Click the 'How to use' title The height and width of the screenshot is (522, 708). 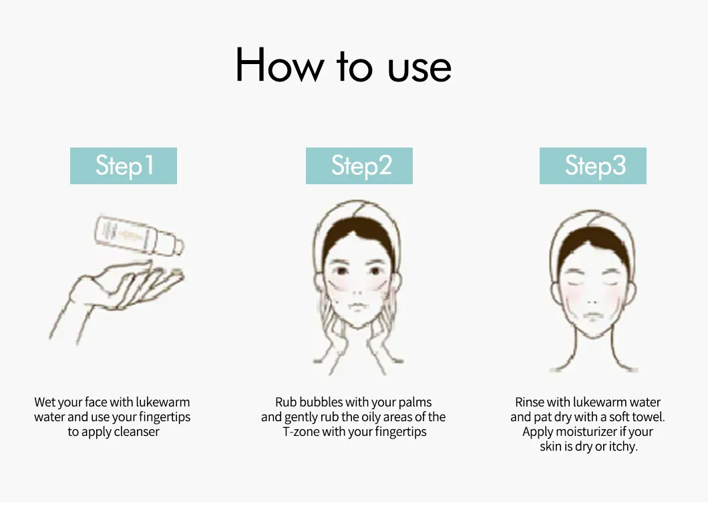[343, 66]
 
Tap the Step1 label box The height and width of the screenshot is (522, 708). [124, 166]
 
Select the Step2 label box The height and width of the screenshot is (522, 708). [359, 166]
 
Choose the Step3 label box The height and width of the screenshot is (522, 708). [593, 166]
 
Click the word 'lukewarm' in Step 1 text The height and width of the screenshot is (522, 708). [163, 403]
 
